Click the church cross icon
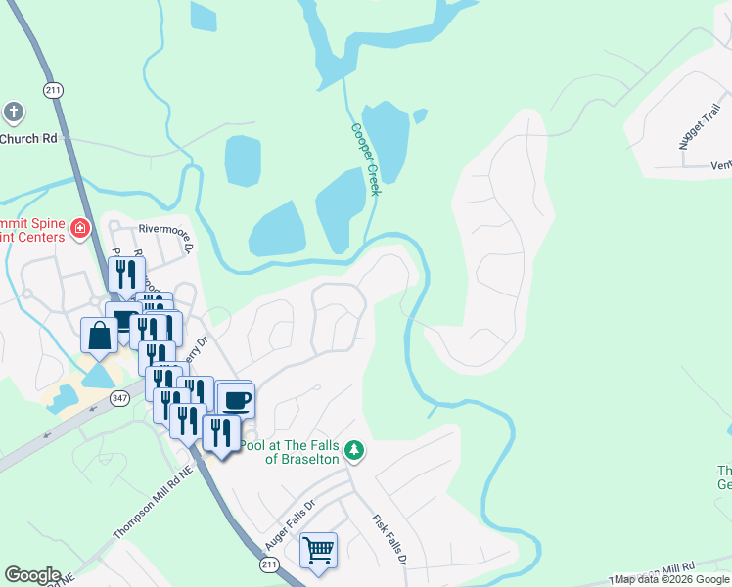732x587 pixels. pos(15,112)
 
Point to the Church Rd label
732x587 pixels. pos(28,139)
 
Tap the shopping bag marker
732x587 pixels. pos(100,336)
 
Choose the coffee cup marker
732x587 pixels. pos(235,399)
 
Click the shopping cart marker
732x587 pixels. pos(318,550)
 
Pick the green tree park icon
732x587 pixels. pos(355,451)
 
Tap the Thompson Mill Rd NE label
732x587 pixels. pos(156,509)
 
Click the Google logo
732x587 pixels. pos(32,575)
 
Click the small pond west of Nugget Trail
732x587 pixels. pos(420,116)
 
